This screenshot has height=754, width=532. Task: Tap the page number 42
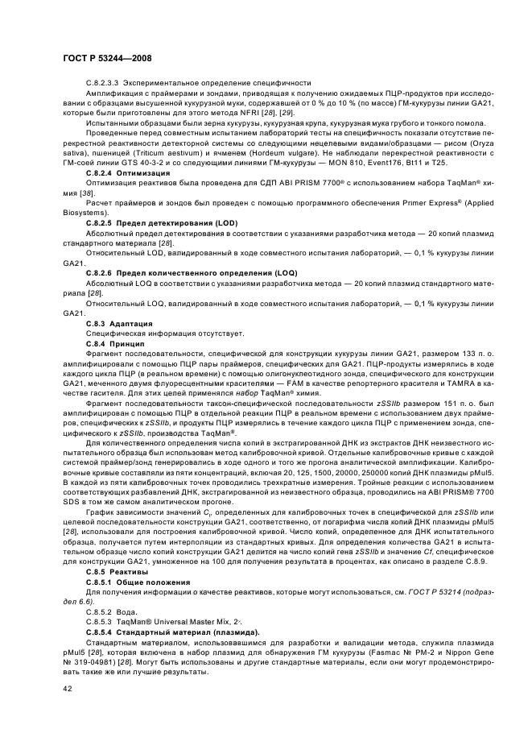click(x=67, y=688)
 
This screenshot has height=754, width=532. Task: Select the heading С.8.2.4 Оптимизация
click(x=127, y=174)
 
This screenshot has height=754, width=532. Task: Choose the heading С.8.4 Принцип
click(x=115, y=343)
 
